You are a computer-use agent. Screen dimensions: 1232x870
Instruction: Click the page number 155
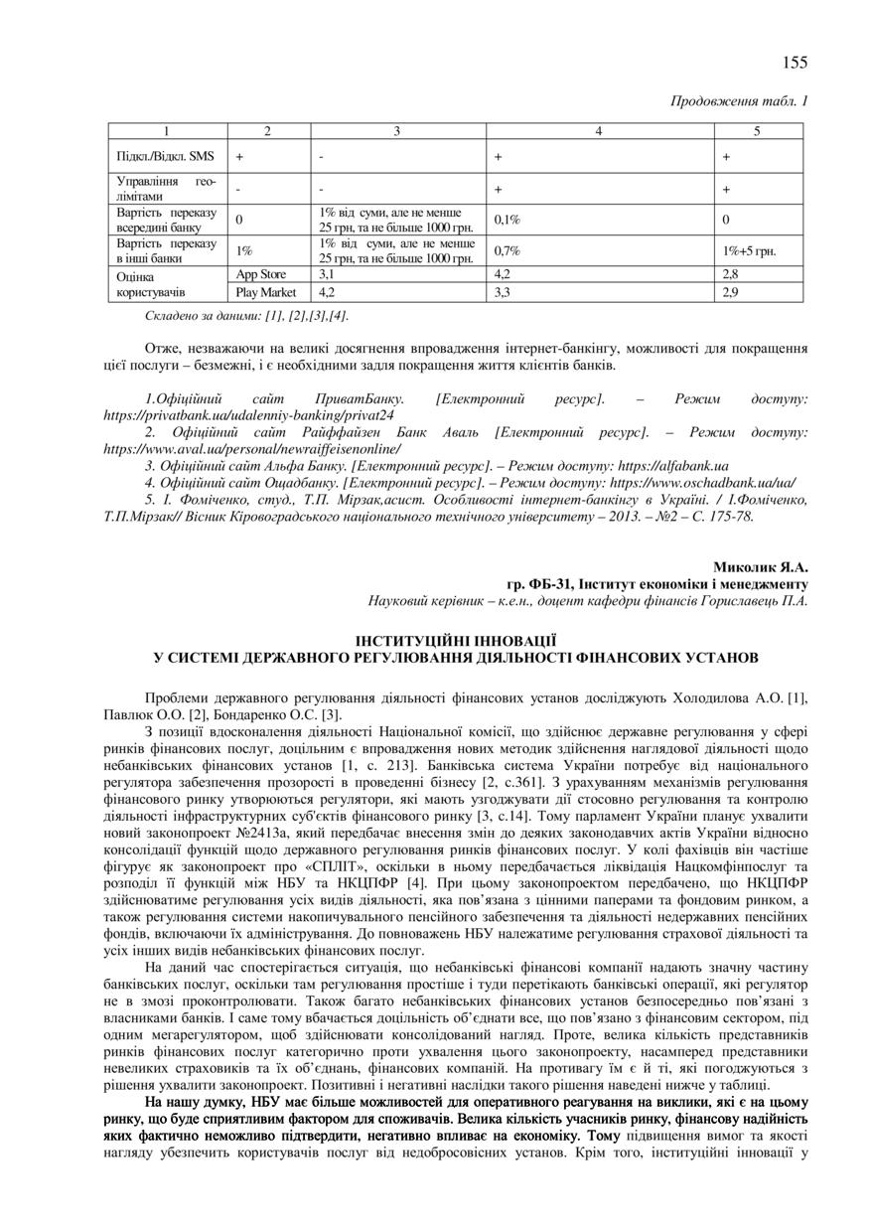(x=795, y=63)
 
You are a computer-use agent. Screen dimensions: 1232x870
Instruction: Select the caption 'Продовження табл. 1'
(x=740, y=101)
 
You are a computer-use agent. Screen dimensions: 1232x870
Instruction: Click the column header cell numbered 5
(x=758, y=130)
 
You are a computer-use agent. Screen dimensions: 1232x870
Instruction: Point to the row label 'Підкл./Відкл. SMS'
(x=165, y=156)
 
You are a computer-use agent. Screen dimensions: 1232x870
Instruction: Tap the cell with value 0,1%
(x=507, y=219)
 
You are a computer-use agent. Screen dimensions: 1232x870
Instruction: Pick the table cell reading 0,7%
(x=507, y=251)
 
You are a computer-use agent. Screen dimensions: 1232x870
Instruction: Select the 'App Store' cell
(x=260, y=273)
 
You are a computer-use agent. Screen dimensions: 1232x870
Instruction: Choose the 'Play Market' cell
(x=265, y=292)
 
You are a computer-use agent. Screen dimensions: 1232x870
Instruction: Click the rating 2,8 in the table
(x=731, y=273)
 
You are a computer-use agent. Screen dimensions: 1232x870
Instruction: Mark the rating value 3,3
(x=503, y=292)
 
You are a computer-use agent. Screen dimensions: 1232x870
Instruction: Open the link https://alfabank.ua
(x=673, y=465)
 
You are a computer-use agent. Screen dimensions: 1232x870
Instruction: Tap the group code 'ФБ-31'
(x=550, y=584)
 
